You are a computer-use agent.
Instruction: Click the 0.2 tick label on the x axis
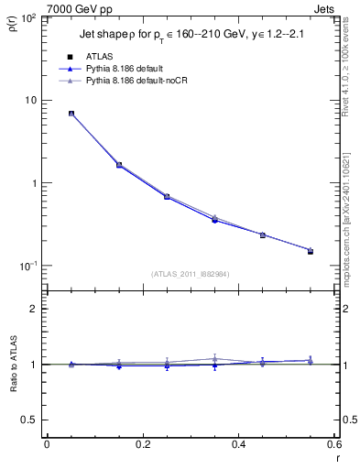pyautogui.click(x=142, y=444)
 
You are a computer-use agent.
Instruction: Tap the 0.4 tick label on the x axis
pyautogui.click(x=238, y=444)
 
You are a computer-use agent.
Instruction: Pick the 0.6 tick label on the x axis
pyautogui.click(x=333, y=444)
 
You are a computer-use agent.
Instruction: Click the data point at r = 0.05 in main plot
pyautogui.click(x=71, y=114)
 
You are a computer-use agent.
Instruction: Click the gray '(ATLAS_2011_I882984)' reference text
pyautogui.click(x=191, y=273)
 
